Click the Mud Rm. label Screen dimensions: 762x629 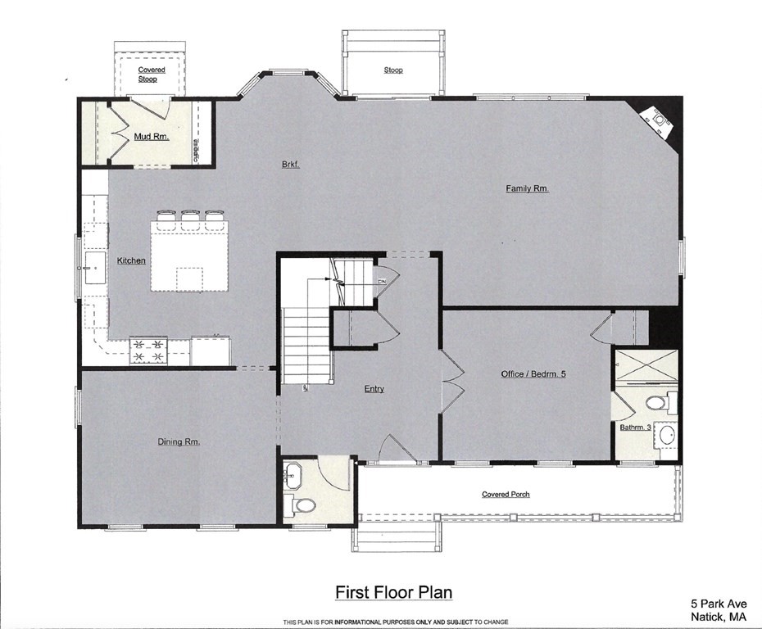click(x=152, y=137)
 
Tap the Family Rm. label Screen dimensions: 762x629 click(x=528, y=188)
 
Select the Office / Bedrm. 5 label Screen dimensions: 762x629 click(x=533, y=373)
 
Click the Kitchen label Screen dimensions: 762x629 click(x=131, y=260)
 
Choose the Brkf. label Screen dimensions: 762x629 click(x=291, y=164)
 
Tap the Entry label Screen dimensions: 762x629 click(x=374, y=388)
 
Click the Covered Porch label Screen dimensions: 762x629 click(x=506, y=494)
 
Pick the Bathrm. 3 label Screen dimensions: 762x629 click(x=635, y=428)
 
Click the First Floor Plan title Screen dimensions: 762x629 click(x=394, y=593)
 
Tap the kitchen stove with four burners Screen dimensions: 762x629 click(x=148, y=351)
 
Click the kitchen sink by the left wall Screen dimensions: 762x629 click(x=95, y=268)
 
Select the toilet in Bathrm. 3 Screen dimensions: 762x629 click(x=660, y=403)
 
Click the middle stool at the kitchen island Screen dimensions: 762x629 click(x=189, y=218)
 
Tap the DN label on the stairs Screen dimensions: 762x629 click(x=382, y=281)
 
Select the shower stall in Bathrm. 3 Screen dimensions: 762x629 click(x=646, y=366)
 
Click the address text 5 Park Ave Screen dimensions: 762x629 click(x=719, y=604)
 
